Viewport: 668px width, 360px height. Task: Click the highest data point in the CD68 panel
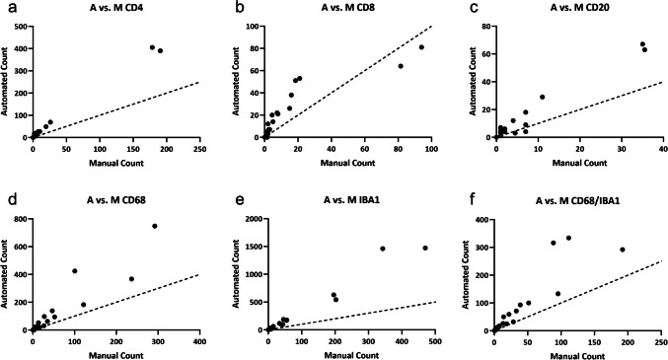pos(155,226)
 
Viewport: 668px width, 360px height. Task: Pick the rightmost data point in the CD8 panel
pos(421,46)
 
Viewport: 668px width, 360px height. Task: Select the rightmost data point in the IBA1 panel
pos(425,248)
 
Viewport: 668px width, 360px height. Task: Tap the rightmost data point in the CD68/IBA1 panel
pos(623,250)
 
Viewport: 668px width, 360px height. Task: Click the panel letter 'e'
pos(238,198)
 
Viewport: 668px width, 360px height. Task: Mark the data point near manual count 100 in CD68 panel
pos(74,271)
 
